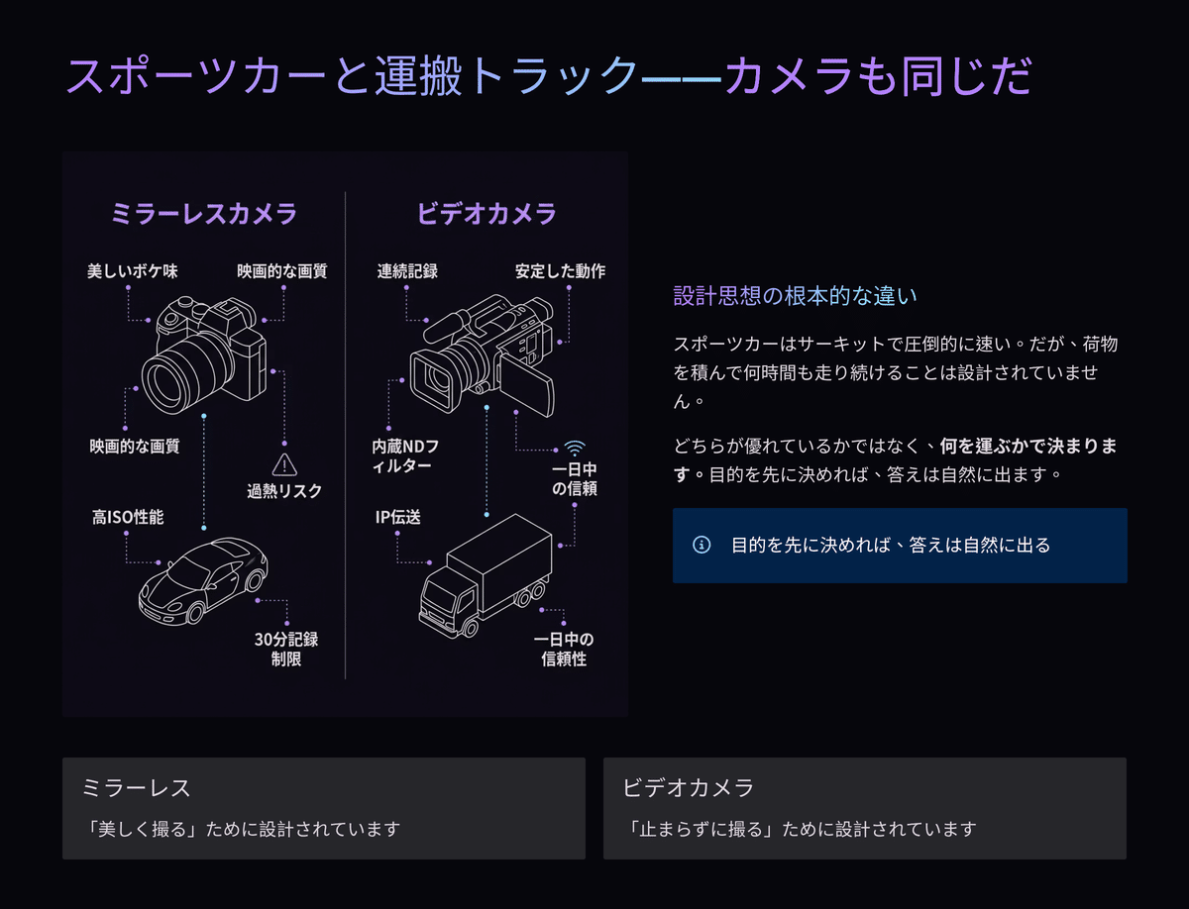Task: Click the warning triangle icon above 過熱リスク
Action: pyautogui.click(x=284, y=464)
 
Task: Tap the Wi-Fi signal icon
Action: pyautogui.click(x=575, y=449)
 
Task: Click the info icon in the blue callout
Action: pyautogui.click(x=702, y=545)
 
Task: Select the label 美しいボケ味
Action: pyautogui.click(x=133, y=271)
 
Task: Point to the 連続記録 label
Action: pyautogui.click(x=407, y=271)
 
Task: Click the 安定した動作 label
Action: pyautogui.click(x=560, y=271)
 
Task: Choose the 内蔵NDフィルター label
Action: pyautogui.click(x=405, y=455)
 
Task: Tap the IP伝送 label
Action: pyautogui.click(x=398, y=517)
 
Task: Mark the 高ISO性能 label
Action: pyautogui.click(x=128, y=517)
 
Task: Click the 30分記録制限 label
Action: pyautogui.click(x=286, y=650)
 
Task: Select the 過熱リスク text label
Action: pyautogui.click(x=284, y=491)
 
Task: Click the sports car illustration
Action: pyautogui.click(x=203, y=580)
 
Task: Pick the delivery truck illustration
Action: pyautogui.click(x=486, y=575)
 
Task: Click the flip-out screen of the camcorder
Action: pyautogui.click(x=527, y=383)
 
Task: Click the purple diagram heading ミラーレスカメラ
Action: pyautogui.click(x=204, y=213)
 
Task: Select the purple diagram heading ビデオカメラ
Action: pyautogui.click(x=486, y=213)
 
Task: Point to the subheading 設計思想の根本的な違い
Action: pyautogui.click(x=796, y=296)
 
